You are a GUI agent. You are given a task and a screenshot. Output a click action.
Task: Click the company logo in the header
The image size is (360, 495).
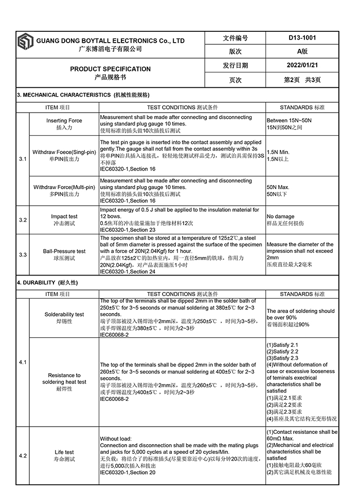click(x=25, y=44)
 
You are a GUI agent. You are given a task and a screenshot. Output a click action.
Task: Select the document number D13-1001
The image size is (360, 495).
click(x=302, y=38)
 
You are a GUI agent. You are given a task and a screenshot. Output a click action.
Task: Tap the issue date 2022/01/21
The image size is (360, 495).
click(x=302, y=65)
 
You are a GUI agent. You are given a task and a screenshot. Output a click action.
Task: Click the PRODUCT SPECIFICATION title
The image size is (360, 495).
click(x=111, y=69)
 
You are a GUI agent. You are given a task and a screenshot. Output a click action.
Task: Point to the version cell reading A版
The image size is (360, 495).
click(x=302, y=51)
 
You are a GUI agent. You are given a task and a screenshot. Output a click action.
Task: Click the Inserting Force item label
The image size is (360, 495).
click(x=64, y=121)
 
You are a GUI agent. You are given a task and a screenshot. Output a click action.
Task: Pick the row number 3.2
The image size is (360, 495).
click(x=23, y=220)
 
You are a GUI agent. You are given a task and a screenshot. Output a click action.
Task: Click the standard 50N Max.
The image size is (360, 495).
click(x=278, y=188)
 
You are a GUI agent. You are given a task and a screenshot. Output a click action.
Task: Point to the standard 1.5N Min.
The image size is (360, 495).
click(x=278, y=152)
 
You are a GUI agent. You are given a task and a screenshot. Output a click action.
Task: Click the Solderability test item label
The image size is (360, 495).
click(x=64, y=314)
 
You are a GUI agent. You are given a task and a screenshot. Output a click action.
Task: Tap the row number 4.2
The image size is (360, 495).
click(x=23, y=455)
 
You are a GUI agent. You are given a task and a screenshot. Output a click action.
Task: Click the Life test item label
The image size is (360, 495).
click(x=64, y=452)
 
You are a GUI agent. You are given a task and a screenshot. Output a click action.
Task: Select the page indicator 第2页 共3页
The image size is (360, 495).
click(x=302, y=80)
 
